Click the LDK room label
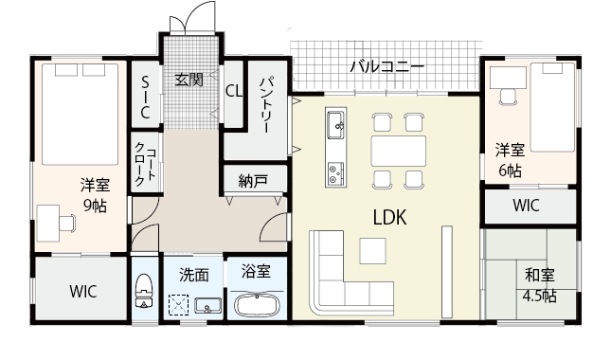pos(389,217)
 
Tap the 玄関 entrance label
pos(189,80)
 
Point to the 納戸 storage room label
pos(252,179)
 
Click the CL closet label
pos(234,91)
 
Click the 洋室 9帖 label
pos(94,195)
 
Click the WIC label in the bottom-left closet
pos(83,292)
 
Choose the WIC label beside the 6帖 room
pos(528,205)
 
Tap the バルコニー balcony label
pos(386,67)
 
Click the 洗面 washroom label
pos(194,275)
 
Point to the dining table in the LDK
pos(399,151)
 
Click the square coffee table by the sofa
pos(372,250)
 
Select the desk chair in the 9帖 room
pos(65,223)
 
